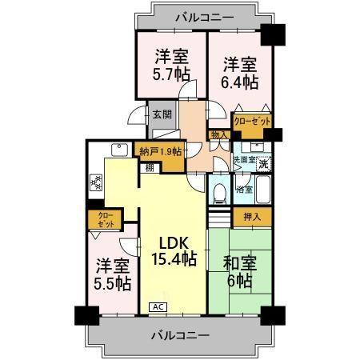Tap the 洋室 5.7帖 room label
coord(170,66)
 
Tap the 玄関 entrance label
coord(162,114)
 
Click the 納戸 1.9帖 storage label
coord(160,151)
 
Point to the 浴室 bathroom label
coord(244,190)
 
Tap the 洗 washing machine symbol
coord(263,163)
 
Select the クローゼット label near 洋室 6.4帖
coord(251,121)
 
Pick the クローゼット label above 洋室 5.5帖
coord(106,220)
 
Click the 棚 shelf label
coord(150,167)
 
